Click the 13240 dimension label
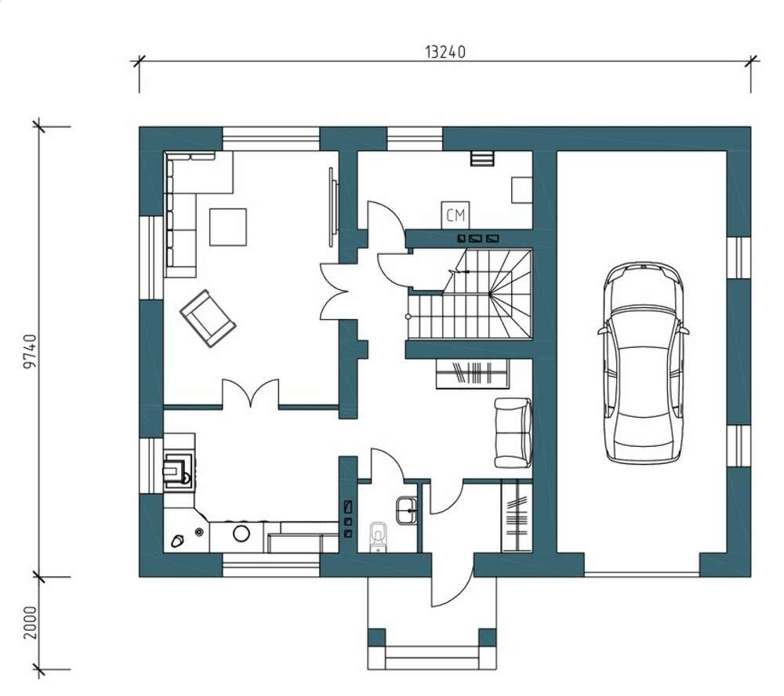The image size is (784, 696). coord(445,52)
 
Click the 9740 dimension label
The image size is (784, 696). coord(31,351)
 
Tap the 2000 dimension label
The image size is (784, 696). coord(31,622)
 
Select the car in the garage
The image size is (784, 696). coord(643,363)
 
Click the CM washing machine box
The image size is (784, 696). coord(456,216)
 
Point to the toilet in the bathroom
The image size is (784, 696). coord(379,536)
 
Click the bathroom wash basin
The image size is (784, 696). coord(406,510)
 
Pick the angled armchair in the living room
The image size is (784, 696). coord(208,318)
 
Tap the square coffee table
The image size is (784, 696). coord(228,227)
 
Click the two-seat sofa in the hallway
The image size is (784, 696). coord(513,433)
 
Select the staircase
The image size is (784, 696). coord(470,295)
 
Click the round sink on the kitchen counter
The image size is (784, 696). coord(241,534)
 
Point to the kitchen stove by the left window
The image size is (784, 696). coord(177,469)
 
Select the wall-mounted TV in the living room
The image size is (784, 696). coord(333,206)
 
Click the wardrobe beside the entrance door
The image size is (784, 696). coord(517,516)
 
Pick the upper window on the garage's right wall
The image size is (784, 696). coord(739,258)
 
